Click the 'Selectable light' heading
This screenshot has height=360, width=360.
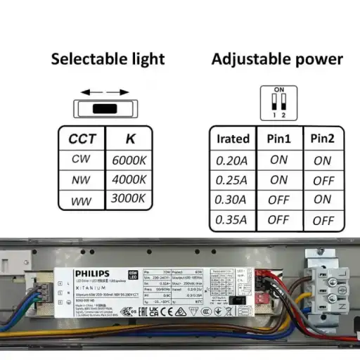(108, 59)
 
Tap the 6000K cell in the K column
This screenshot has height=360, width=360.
(129, 160)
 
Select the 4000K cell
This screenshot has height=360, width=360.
(129, 180)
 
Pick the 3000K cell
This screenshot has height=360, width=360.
(129, 199)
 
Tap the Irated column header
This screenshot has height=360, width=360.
(233, 139)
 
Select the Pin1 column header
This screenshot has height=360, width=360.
(278, 139)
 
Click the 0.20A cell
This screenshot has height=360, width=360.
(232, 160)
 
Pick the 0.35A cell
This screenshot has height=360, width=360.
(232, 220)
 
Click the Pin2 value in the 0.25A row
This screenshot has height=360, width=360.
(323, 180)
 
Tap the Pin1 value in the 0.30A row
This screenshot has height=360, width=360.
(278, 200)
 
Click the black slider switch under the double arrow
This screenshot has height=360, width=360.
(104, 109)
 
